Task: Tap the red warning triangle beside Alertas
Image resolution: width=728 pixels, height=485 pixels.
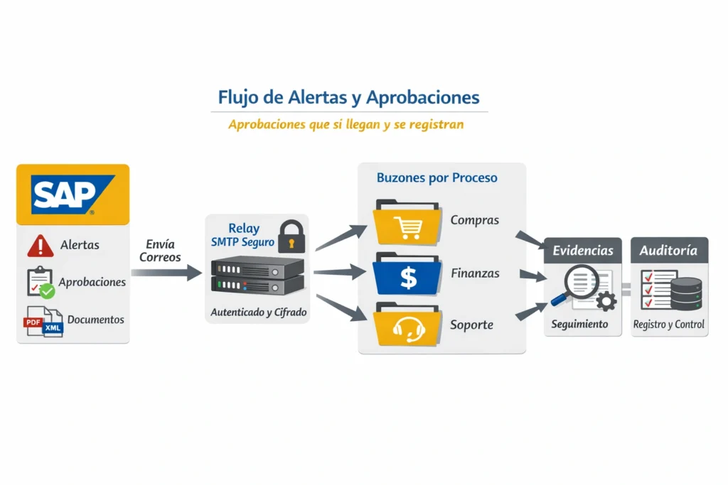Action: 41,246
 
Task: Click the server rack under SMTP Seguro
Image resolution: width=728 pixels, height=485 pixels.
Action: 257,277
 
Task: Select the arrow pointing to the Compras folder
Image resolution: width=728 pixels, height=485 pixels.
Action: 341,237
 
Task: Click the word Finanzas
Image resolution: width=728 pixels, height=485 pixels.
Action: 475,273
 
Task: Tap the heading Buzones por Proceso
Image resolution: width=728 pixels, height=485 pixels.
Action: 437,178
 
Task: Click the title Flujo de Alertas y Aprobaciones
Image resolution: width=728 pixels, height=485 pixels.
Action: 349,97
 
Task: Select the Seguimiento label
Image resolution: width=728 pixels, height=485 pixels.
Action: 579,324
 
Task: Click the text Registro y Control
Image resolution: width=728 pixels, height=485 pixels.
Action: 669,325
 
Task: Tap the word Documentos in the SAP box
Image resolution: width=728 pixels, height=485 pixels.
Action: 95,320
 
